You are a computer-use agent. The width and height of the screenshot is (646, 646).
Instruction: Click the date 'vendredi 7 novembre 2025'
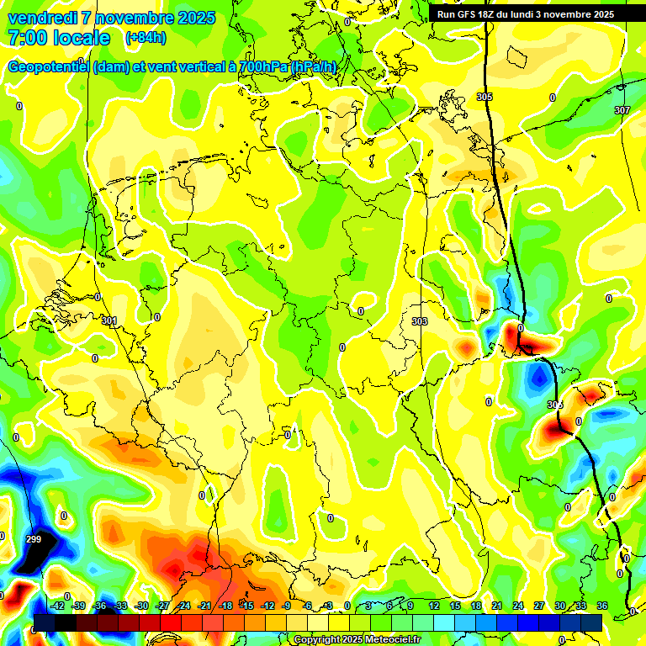click(111, 18)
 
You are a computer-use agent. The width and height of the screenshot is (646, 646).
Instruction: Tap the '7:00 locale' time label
click(58, 38)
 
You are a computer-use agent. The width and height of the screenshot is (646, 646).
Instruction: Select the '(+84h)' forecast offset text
click(146, 38)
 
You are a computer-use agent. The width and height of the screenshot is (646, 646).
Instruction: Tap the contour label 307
click(622, 110)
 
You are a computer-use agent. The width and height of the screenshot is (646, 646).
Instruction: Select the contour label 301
click(109, 320)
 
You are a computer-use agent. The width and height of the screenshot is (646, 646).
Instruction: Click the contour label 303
click(420, 321)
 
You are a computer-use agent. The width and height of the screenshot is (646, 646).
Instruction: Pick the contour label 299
click(34, 539)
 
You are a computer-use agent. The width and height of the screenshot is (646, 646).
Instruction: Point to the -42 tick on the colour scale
click(57, 606)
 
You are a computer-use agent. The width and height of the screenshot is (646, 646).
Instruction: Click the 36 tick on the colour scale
click(601, 606)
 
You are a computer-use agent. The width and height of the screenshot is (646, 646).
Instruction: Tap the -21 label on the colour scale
click(204, 606)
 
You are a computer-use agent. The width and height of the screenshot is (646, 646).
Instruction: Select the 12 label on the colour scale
click(433, 606)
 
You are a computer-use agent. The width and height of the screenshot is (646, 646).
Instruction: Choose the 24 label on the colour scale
click(517, 606)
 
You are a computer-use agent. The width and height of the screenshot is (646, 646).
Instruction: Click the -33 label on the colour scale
click(120, 606)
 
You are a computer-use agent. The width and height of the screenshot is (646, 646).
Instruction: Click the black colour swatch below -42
click(45, 622)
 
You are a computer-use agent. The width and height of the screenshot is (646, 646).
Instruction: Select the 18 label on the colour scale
click(475, 606)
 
